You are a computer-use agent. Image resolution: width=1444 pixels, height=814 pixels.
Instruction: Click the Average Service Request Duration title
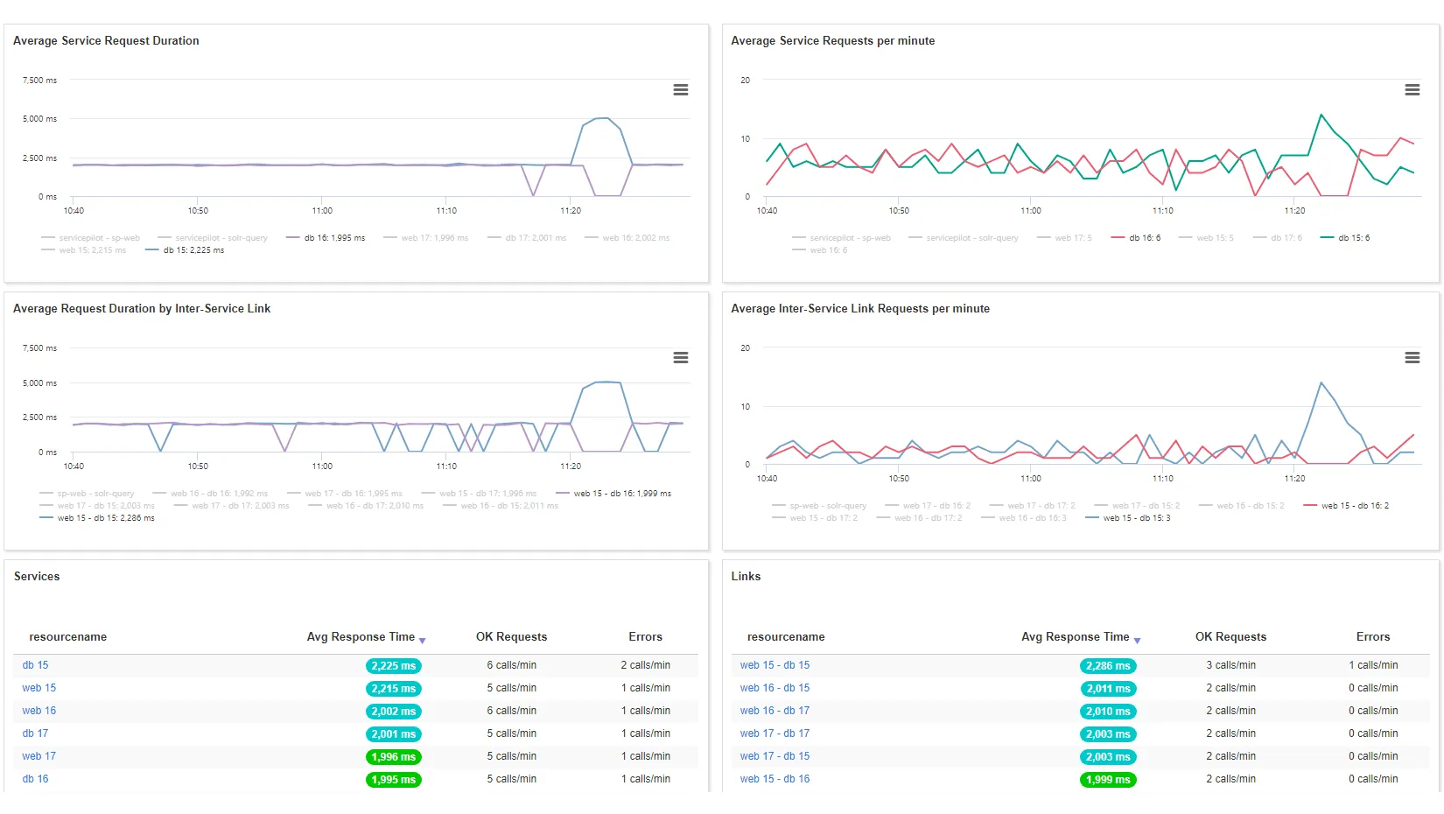point(106,41)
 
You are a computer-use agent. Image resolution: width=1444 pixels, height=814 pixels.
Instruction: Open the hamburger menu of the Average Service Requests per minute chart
point(1412,90)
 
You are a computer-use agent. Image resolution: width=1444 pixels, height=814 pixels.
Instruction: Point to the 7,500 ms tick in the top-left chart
point(39,81)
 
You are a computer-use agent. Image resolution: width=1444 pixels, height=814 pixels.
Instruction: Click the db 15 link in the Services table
point(36,665)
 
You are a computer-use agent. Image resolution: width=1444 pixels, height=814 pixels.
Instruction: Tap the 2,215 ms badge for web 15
point(393,689)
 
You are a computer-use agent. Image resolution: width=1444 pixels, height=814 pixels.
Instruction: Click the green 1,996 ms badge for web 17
point(393,757)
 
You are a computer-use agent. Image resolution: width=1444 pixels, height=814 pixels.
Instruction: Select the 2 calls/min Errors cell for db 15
point(645,665)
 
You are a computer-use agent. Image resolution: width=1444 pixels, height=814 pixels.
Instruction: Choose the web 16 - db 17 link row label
point(775,711)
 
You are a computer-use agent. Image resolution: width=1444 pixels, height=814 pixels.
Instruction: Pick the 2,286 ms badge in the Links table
point(1108,666)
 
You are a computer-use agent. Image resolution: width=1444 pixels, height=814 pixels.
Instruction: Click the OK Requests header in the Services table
point(511,637)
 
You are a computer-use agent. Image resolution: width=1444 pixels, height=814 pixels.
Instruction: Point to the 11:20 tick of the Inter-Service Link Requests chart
point(1294,479)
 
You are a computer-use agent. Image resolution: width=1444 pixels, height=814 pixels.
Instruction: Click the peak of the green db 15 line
point(1321,115)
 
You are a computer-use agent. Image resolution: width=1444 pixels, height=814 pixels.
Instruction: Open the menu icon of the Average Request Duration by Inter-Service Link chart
point(680,358)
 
